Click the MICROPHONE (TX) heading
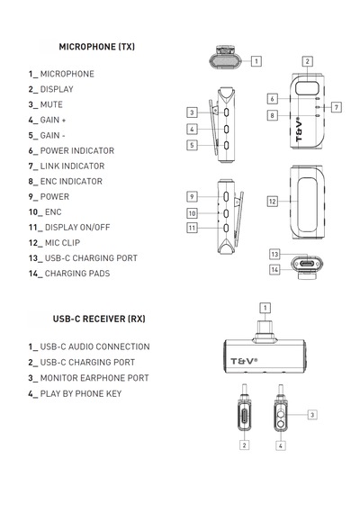[x=97, y=47]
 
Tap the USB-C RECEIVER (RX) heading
[x=99, y=319]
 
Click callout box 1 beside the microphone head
[x=256, y=61]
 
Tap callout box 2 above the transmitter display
[x=307, y=61]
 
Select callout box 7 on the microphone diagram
[x=337, y=107]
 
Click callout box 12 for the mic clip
[x=273, y=202]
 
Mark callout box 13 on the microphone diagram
[x=274, y=254]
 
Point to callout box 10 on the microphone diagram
[x=192, y=213]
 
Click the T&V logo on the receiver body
[x=244, y=361]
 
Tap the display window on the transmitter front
[x=307, y=88]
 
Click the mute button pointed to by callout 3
[x=226, y=112]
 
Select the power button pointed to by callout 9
[x=226, y=196]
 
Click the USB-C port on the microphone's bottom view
[x=307, y=264]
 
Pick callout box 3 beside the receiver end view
[x=312, y=415]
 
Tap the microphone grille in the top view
[x=225, y=61]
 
